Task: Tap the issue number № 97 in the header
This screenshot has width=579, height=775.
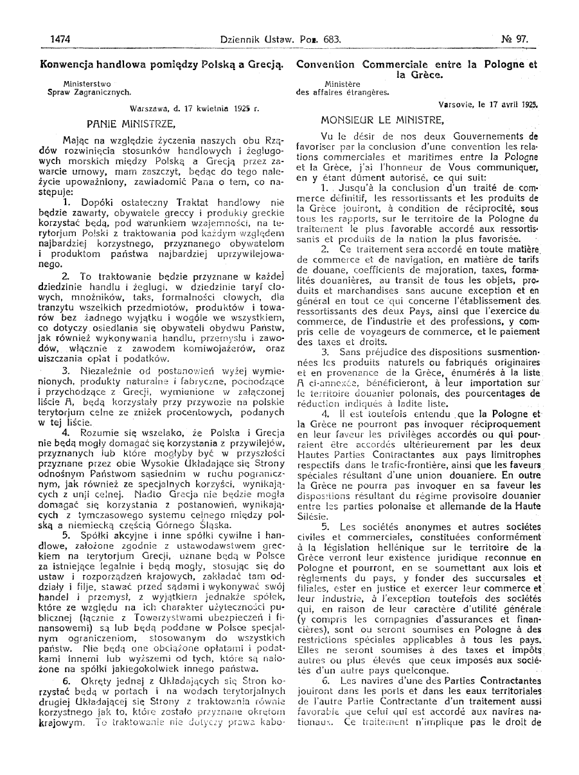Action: click(x=515, y=39)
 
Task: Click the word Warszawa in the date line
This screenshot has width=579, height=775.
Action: click(x=148, y=109)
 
